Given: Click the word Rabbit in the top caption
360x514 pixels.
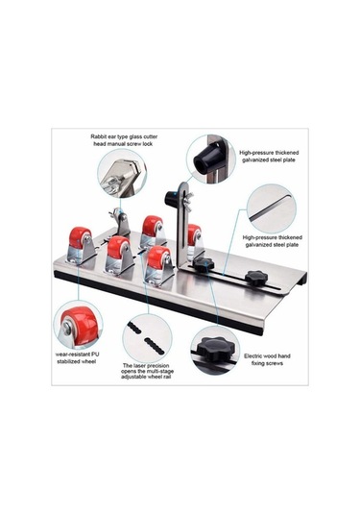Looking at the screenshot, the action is pyautogui.click(x=98, y=136).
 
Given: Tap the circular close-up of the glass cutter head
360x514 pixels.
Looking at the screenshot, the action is pyautogui.click(x=122, y=173).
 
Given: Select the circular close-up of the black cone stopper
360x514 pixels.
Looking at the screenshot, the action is pyautogui.click(x=211, y=159).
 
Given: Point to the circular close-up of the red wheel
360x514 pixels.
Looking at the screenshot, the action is pyautogui.click(x=78, y=325).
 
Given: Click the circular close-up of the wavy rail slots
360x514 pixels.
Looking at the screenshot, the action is pyautogui.click(x=147, y=338).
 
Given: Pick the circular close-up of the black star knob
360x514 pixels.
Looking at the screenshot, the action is pyautogui.click(x=215, y=351).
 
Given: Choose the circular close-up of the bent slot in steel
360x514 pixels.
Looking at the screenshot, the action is pyautogui.click(x=272, y=208).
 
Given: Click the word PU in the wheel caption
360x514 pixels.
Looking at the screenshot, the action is pyautogui.click(x=95, y=355).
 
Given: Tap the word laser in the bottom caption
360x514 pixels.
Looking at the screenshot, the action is pyautogui.click(x=140, y=365).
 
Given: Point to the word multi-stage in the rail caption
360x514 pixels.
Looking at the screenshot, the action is pyautogui.click(x=160, y=372).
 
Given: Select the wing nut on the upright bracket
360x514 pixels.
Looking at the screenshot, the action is pyautogui.click(x=188, y=196).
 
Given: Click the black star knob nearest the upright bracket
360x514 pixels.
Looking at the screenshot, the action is pyautogui.click(x=204, y=264).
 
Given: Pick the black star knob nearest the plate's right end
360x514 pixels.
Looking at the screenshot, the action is pyautogui.click(x=255, y=278).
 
